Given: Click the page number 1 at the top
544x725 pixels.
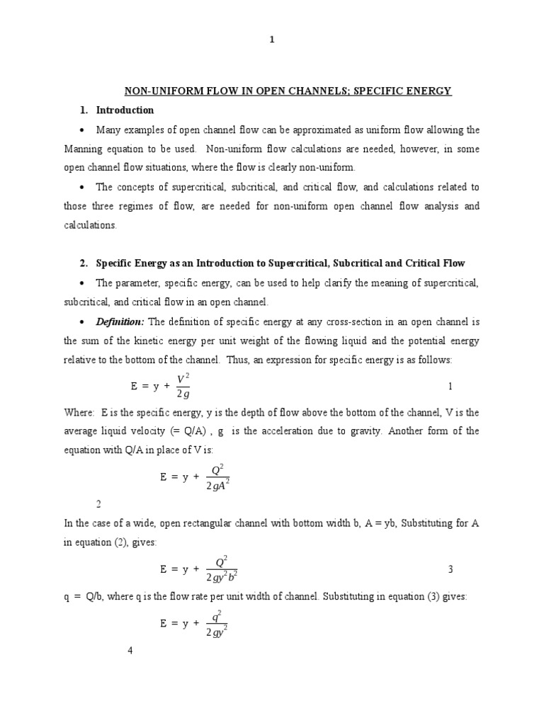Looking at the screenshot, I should tap(271, 40).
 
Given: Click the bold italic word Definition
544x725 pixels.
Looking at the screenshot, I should tap(118, 322).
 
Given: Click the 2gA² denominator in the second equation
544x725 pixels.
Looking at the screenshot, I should tap(218, 485).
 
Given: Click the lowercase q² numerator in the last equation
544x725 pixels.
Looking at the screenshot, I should tap(217, 615).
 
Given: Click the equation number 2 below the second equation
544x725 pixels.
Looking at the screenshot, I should tap(98, 504).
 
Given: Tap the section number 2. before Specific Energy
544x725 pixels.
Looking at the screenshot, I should tap(83, 263).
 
